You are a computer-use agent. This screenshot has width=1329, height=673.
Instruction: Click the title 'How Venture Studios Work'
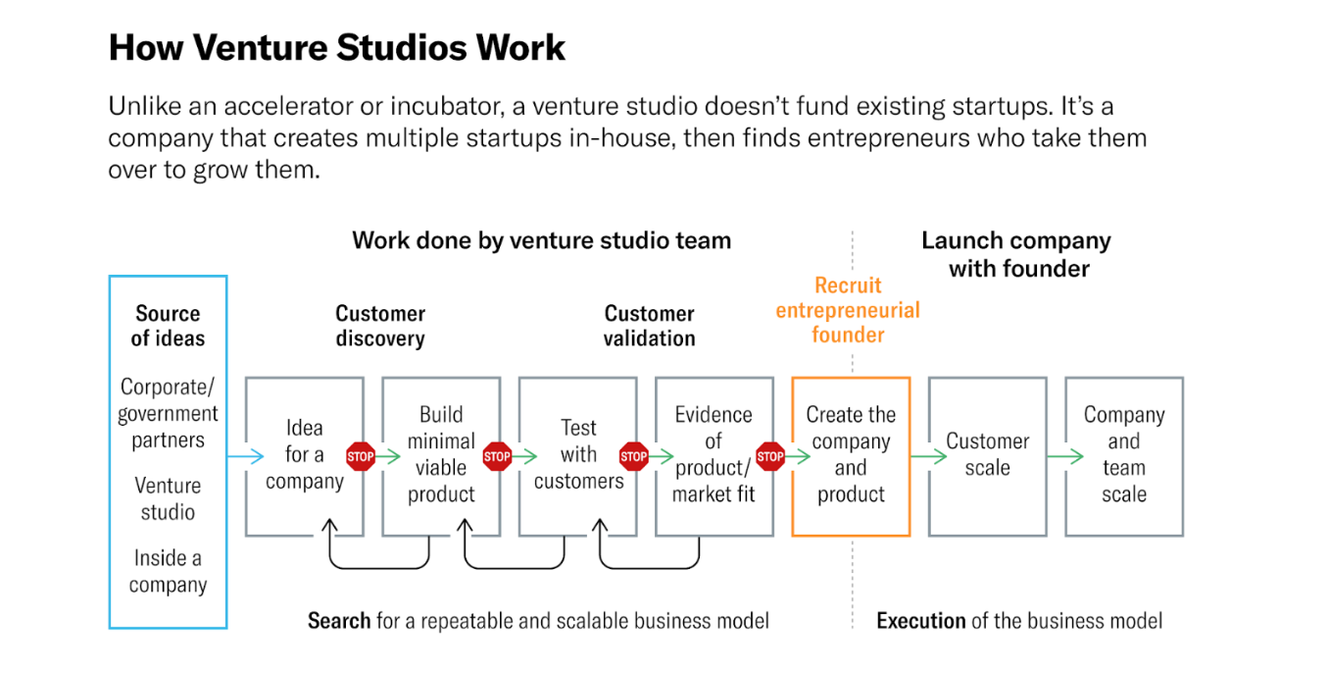point(336,47)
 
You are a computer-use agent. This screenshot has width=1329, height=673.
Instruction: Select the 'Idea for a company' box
point(304,455)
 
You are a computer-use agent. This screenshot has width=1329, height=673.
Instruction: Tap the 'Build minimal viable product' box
point(441,455)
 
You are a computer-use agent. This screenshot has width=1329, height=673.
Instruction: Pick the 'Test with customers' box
point(577,455)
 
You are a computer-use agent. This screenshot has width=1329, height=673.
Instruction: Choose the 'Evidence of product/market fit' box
point(714,455)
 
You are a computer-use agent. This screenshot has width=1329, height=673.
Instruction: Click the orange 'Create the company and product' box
point(851,455)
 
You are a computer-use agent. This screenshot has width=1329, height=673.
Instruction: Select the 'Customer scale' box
point(987,455)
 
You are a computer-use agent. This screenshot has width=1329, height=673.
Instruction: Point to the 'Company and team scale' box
point(1123,455)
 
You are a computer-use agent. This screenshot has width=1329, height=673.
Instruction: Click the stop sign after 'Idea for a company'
point(361,456)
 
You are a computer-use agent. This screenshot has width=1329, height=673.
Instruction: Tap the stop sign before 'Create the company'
point(770,456)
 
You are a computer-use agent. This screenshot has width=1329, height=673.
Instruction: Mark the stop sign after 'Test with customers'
point(634,456)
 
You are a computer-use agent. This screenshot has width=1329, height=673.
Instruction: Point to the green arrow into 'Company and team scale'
point(1064,456)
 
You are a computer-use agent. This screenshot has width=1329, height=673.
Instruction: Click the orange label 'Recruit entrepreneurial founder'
point(848,310)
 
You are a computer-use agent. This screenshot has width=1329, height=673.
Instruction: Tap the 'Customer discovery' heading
point(380,326)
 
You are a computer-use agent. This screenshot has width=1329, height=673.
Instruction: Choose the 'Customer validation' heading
point(649,326)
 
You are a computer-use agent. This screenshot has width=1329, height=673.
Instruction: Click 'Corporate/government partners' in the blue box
point(168,413)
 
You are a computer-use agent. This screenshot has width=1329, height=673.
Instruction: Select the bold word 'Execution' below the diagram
point(921,621)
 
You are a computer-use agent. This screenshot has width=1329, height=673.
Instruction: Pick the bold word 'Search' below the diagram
point(339,621)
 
